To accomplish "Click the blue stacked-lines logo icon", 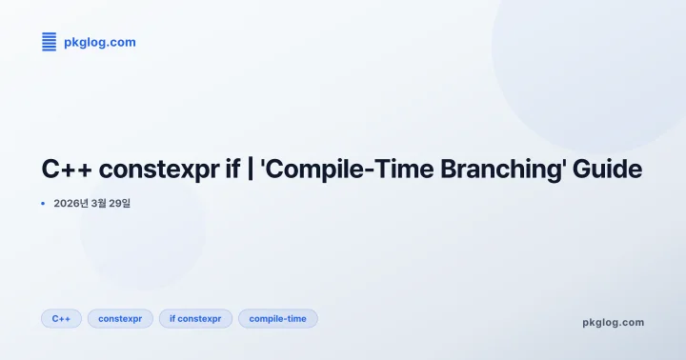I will [49, 41].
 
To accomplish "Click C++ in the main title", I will [67, 170].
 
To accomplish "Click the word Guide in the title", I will [609, 170].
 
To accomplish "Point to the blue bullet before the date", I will [44, 203].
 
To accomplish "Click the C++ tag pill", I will [61, 318].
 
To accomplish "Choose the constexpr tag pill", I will [120, 318].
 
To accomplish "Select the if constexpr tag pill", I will [195, 318].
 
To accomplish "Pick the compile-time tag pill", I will [277, 318].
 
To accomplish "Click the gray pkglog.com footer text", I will [613, 322].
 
